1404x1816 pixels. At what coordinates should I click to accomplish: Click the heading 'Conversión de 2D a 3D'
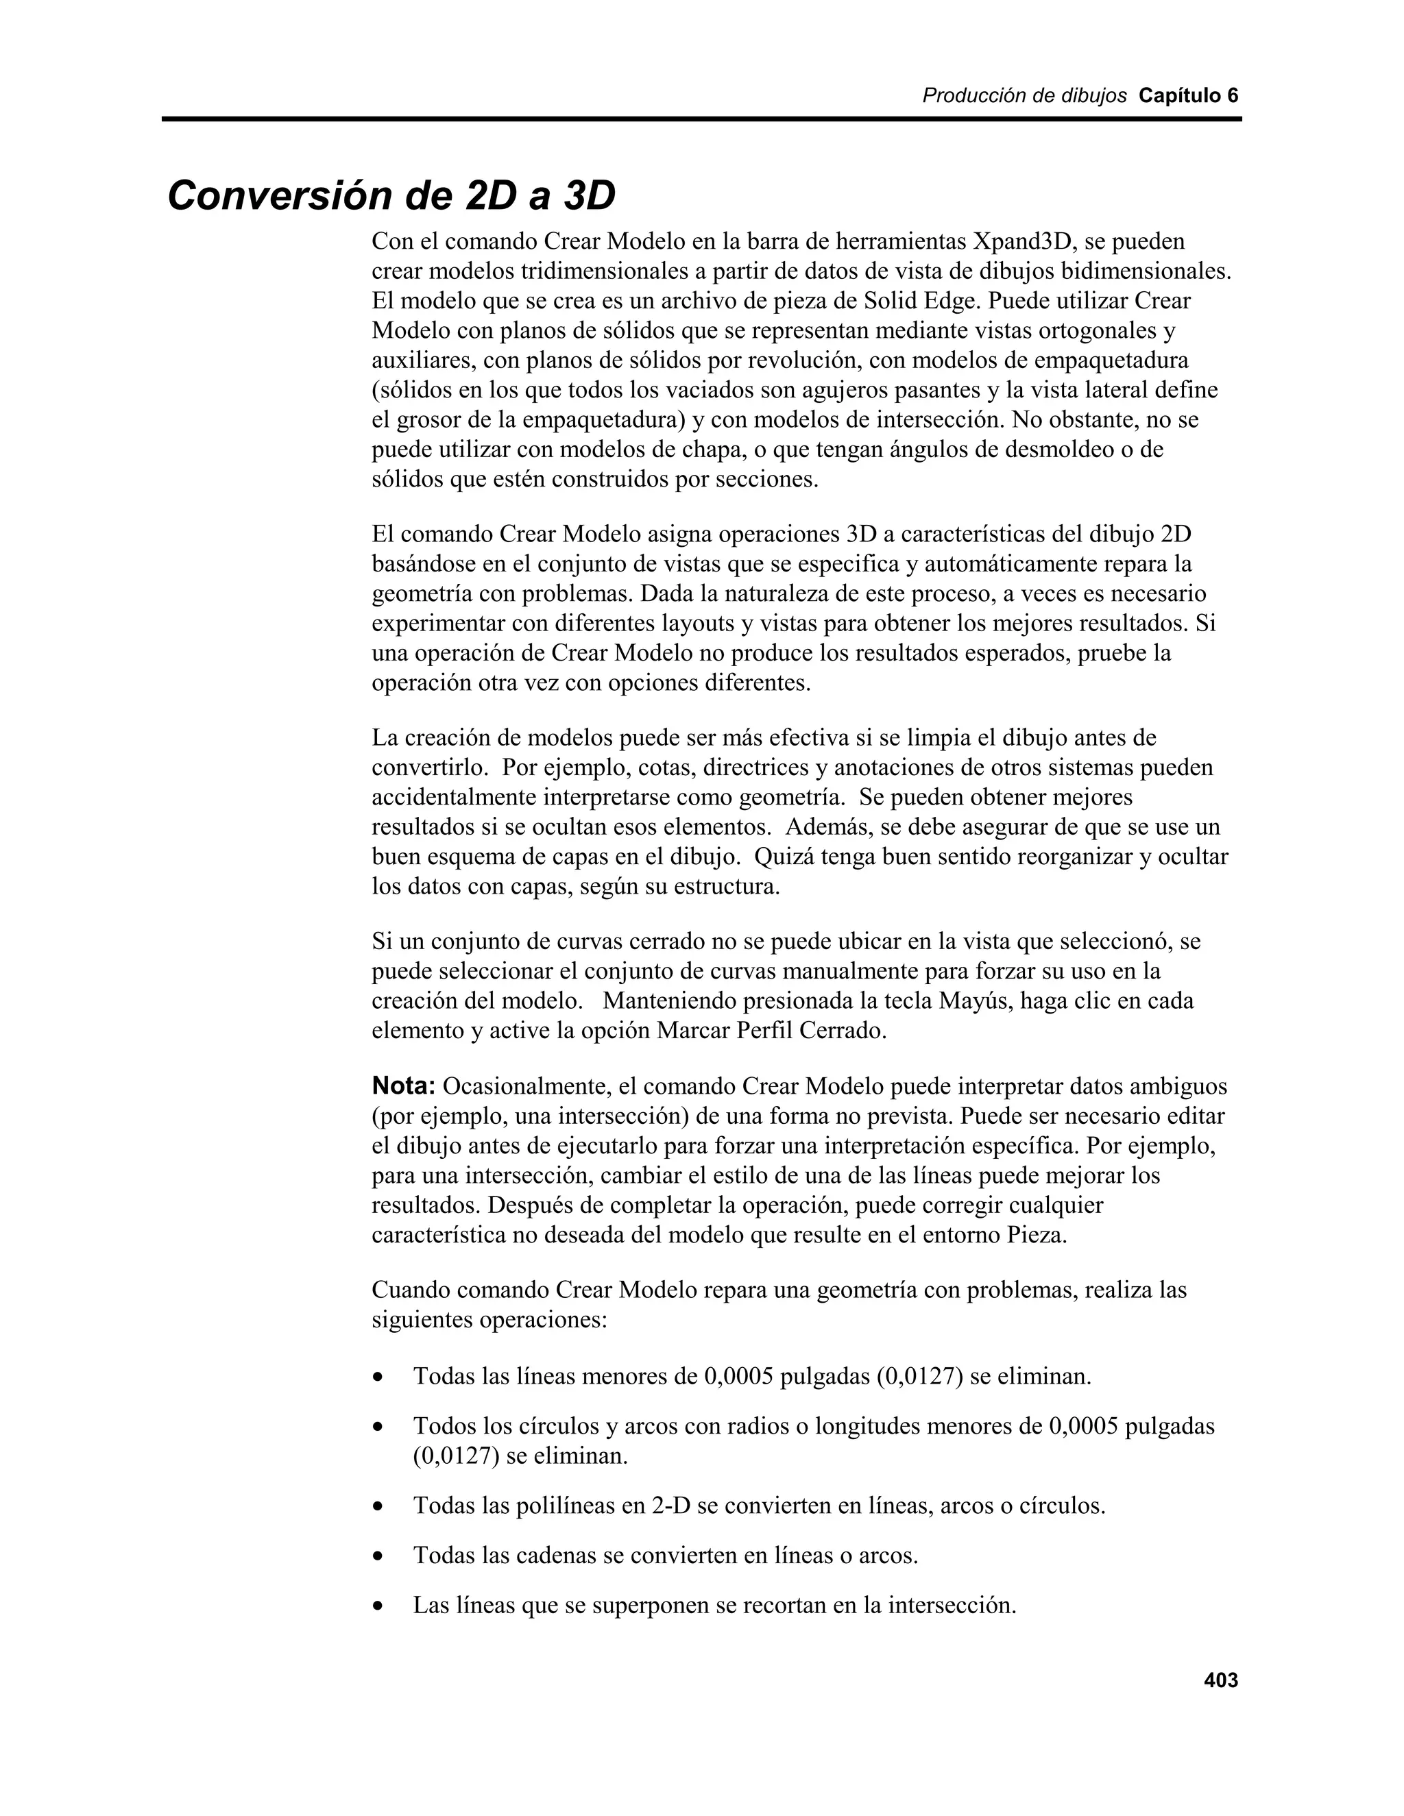click(391, 196)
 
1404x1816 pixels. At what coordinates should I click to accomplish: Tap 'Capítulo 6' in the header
click(1188, 96)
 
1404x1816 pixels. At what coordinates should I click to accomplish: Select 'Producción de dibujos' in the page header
click(1024, 96)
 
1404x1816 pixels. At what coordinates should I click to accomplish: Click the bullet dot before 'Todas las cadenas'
click(378, 1556)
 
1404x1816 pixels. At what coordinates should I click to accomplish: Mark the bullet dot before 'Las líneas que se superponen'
click(378, 1606)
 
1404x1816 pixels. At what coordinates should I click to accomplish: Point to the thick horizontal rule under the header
click(701, 120)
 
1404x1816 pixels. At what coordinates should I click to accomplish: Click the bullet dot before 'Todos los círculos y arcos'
click(378, 1427)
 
